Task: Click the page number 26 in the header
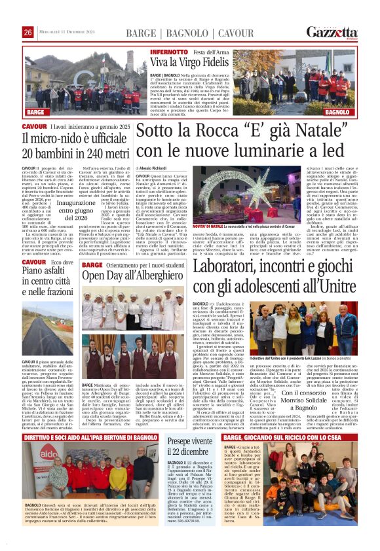pos(28,33)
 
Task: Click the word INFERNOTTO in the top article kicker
pos(168,52)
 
